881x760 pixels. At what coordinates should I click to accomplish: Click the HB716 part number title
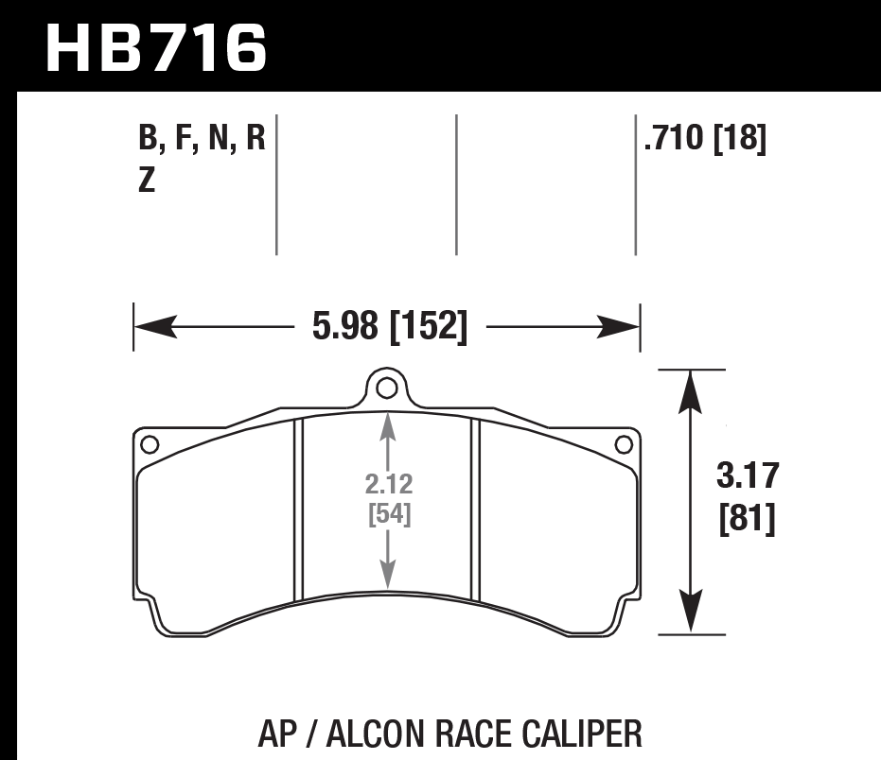156,48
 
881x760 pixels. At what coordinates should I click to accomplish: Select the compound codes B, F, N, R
202,141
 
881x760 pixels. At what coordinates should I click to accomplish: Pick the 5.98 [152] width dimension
389,327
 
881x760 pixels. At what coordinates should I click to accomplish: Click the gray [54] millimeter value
387,515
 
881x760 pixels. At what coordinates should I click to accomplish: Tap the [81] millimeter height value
745,519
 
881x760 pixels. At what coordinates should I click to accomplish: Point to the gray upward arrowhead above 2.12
386,426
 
